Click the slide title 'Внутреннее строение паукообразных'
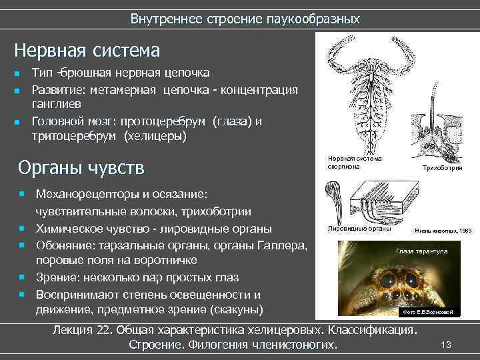point(245,19)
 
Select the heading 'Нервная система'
point(87,51)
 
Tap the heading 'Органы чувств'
point(81,166)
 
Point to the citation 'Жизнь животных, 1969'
point(442,231)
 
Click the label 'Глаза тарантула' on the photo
point(421,251)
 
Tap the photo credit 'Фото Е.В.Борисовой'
point(426,312)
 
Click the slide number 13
point(447,343)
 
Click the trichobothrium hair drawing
point(437,127)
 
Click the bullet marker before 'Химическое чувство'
point(22,229)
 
